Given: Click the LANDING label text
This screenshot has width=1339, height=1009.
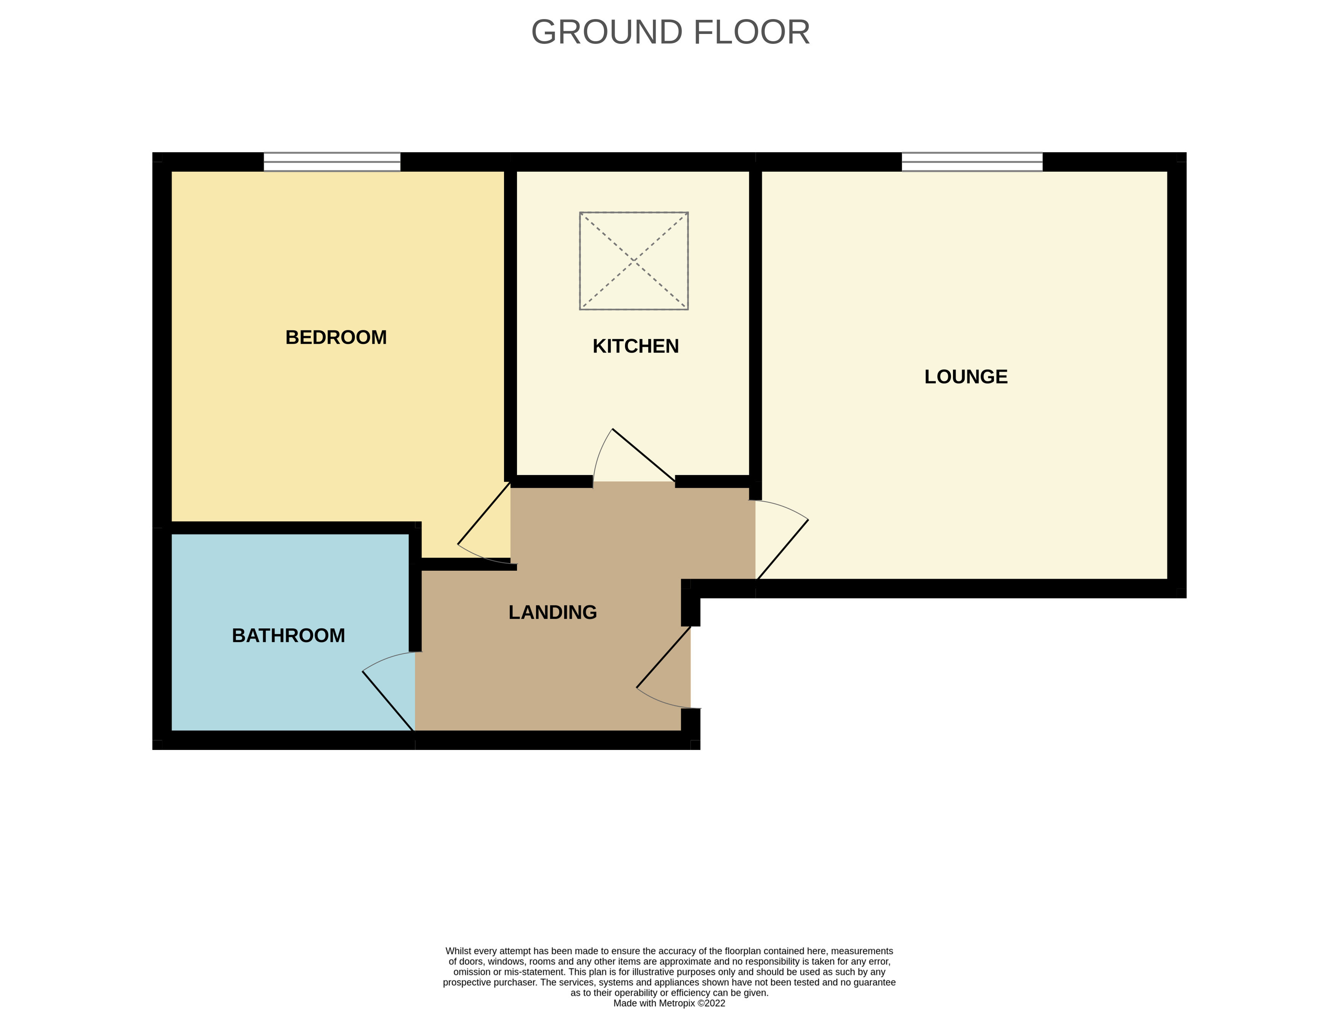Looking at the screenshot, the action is (553, 612).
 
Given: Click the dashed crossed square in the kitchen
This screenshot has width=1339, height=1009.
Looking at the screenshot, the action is (634, 261).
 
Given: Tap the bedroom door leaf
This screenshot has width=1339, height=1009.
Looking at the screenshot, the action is (484, 513).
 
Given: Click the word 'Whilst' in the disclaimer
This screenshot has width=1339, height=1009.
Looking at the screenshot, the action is (458, 951).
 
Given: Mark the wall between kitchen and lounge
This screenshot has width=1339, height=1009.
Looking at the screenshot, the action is (756, 327).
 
